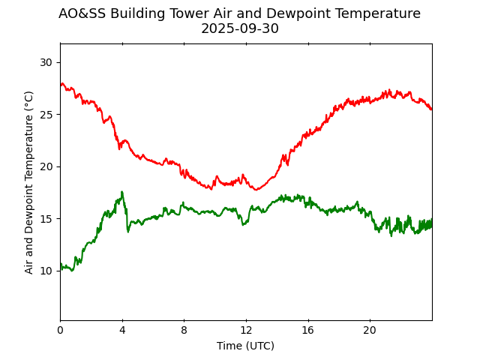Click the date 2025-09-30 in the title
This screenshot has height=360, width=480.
click(239, 29)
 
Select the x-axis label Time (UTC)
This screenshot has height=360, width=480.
click(245, 346)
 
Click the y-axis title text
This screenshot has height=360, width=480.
click(29, 182)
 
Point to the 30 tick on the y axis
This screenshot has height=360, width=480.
click(46, 62)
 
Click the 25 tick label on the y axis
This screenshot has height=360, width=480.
click(46, 115)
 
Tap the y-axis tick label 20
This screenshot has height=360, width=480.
click(46, 166)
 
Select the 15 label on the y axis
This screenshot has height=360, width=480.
click(46, 219)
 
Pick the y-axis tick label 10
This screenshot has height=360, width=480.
click(46, 271)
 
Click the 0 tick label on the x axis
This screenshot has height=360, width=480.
click(61, 330)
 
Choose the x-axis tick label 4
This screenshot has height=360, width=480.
click(122, 330)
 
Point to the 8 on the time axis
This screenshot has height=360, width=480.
click(184, 330)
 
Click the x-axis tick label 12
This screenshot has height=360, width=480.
click(246, 330)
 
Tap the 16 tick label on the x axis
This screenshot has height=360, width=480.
click(308, 330)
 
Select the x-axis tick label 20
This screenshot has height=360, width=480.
click(370, 330)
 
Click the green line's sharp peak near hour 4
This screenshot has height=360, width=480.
click(121, 192)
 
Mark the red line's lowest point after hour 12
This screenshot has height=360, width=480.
click(256, 190)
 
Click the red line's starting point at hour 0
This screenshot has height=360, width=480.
click(61, 85)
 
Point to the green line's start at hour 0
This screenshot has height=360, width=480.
click(61, 264)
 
